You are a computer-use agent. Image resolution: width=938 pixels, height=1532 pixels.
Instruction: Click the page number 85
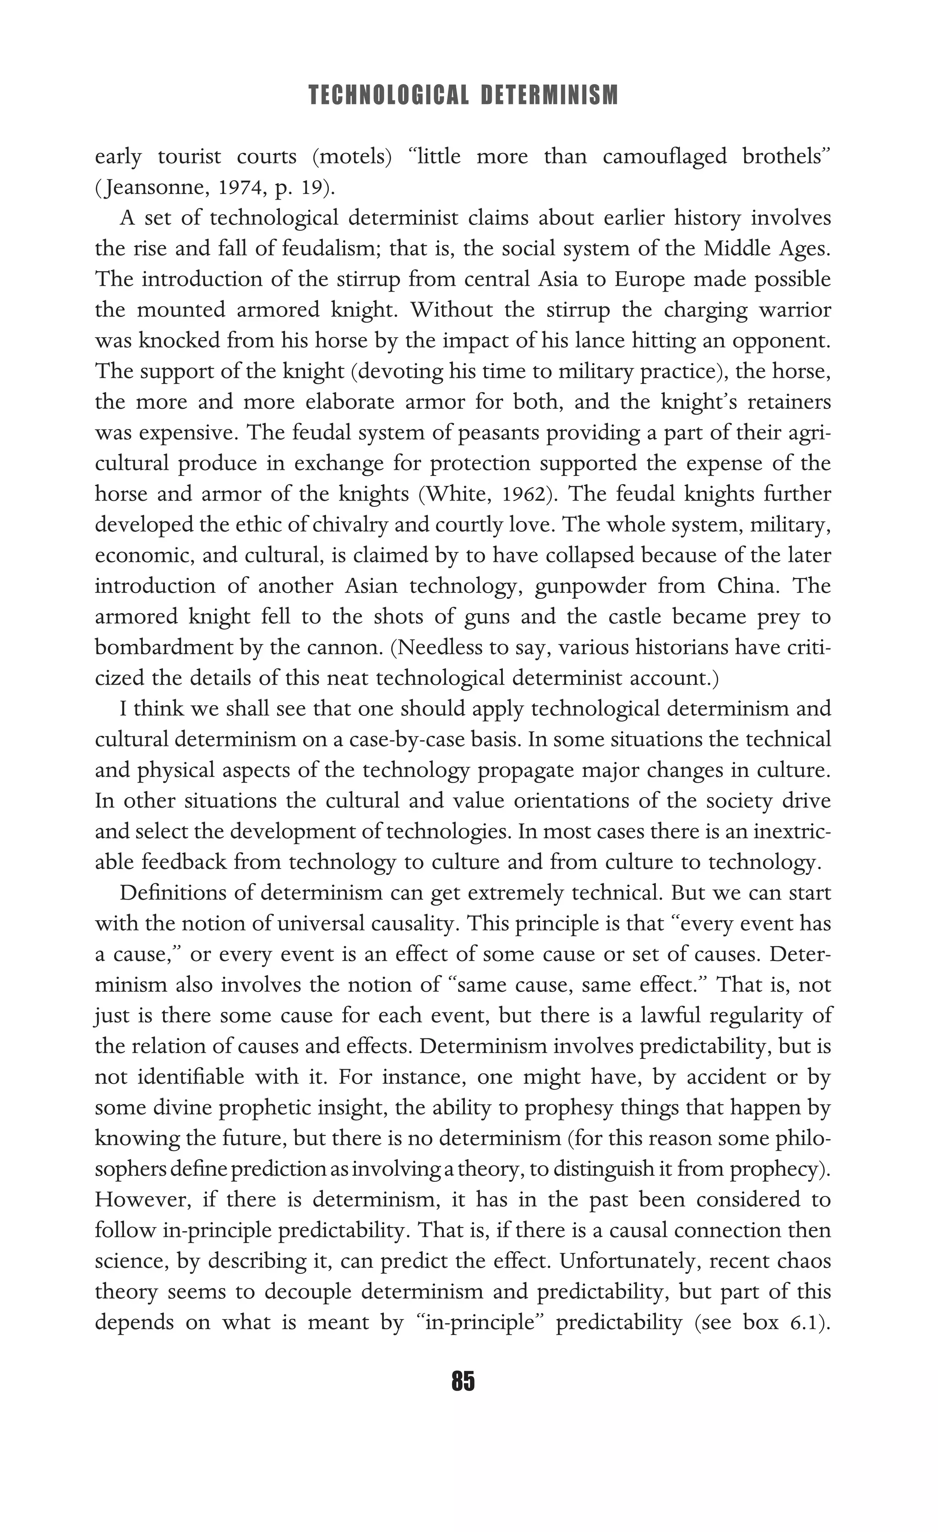(x=464, y=1381)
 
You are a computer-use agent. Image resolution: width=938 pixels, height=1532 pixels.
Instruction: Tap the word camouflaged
(x=664, y=156)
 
